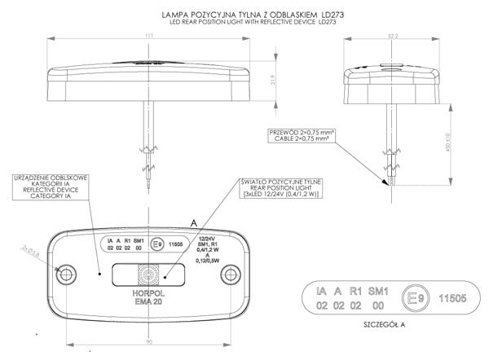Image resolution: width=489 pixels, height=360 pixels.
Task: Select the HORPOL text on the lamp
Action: [x=149, y=291]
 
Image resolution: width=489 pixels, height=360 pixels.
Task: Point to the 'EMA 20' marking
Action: [x=149, y=302]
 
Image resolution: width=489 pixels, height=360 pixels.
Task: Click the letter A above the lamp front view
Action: [x=192, y=222]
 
